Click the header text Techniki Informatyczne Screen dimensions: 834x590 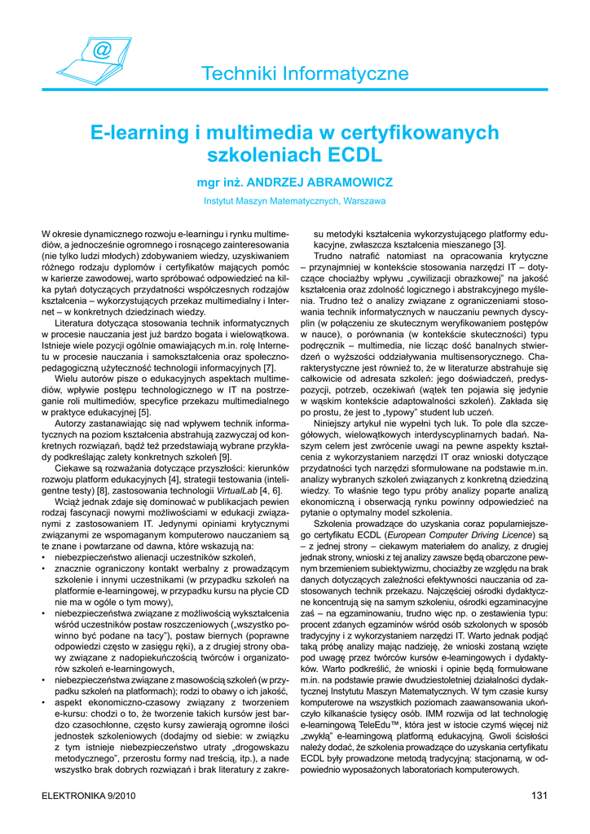[x=305, y=74]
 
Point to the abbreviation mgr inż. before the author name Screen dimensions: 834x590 [x=216, y=180]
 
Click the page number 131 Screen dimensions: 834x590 [x=538, y=796]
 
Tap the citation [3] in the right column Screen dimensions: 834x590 [x=500, y=244]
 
